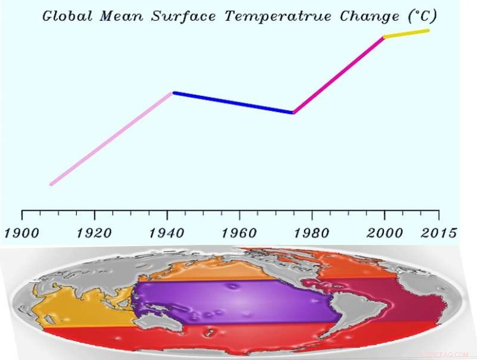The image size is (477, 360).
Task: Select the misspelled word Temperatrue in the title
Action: tap(278, 16)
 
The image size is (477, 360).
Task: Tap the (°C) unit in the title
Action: tap(419, 16)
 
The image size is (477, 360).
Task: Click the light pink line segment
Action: tap(111, 138)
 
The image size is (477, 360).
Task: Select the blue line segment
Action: tap(233, 103)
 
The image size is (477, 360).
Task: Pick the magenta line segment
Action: tap(339, 75)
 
